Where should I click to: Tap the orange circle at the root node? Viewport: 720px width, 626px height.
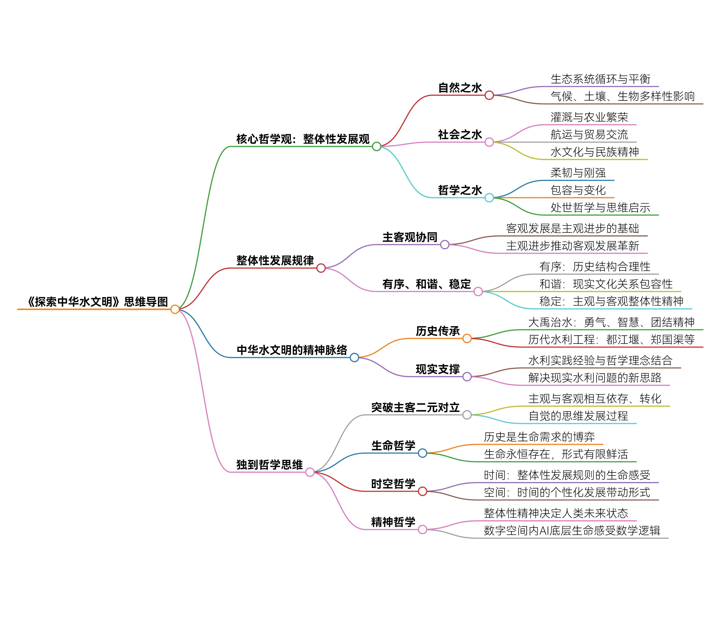(x=175, y=309)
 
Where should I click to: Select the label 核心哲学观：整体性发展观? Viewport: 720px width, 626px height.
(x=303, y=139)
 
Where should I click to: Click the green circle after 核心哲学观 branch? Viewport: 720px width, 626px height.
(x=376, y=146)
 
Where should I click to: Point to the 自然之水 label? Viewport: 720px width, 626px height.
(x=460, y=88)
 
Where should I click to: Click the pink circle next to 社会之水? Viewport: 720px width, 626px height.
(x=489, y=142)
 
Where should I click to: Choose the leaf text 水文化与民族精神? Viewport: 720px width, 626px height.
(x=595, y=152)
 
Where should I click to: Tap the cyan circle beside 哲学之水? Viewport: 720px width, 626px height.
(x=489, y=198)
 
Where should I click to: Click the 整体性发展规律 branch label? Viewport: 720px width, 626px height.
(x=275, y=261)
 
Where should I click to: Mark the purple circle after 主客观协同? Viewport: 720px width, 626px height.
(x=444, y=245)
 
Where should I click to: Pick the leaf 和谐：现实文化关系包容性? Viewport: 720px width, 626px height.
(x=606, y=284)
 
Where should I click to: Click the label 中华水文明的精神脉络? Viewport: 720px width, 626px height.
(x=292, y=350)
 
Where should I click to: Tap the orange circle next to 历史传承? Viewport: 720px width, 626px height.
(x=467, y=338)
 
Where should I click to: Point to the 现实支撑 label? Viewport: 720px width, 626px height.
(x=438, y=369)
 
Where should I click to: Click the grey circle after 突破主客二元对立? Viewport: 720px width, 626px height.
(x=467, y=415)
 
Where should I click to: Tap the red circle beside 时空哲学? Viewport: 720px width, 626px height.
(x=422, y=492)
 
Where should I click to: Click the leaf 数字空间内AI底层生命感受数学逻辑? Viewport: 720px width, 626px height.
(x=572, y=531)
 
